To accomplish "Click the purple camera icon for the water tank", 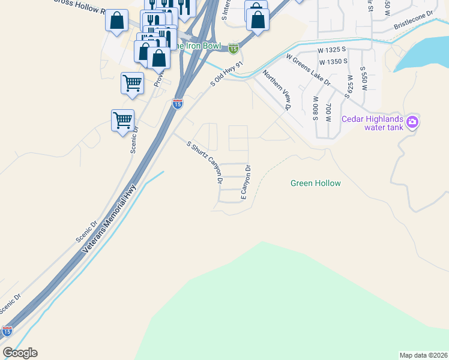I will (412, 122).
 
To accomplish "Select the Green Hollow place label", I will (315, 183).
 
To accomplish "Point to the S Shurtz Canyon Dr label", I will (205, 162).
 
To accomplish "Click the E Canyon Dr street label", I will (245, 182).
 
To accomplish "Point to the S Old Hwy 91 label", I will (228, 74).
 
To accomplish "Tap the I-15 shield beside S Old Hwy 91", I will (177, 104).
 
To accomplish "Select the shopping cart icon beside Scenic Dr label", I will (123, 120).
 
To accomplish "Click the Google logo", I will (20, 353).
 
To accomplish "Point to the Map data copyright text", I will (423, 355).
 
